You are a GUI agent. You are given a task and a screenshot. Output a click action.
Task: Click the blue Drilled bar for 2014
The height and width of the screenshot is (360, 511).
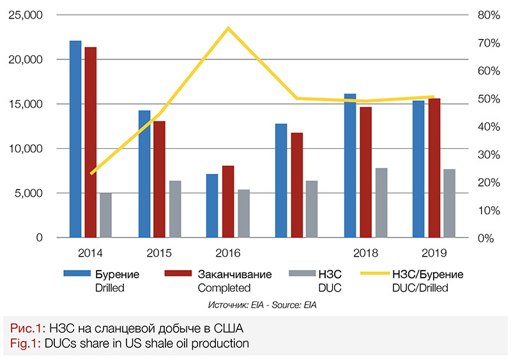click(75, 139)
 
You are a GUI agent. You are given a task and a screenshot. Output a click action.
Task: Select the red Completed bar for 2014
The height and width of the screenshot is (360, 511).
click(91, 142)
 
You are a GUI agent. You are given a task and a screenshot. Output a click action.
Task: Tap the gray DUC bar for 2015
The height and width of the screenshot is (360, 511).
click(175, 209)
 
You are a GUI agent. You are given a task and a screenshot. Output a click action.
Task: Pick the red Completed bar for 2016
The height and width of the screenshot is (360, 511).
click(228, 201)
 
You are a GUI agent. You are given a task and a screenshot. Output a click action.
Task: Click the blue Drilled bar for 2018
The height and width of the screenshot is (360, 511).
click(350, 165)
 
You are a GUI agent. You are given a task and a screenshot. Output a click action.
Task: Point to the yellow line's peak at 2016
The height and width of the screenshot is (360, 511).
click(228, 28)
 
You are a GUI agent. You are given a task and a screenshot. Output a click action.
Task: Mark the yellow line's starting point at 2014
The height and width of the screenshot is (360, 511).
click(91, 173)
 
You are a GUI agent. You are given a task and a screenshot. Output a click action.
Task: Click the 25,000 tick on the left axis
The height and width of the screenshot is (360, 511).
click(27, 14)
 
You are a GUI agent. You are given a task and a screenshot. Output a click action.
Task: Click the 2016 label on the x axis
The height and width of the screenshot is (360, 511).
click(228, 252)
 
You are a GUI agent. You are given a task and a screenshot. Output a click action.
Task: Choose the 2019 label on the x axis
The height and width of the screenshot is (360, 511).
click(434, 252)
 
